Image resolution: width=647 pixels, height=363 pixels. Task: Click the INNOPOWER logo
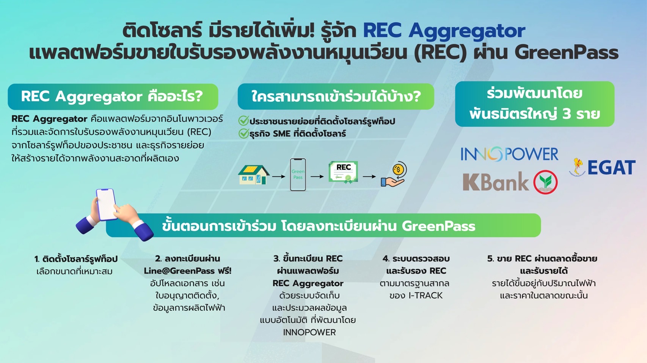509,154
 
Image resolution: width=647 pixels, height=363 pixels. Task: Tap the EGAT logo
602,167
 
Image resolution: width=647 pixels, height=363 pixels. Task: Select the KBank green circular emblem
545,182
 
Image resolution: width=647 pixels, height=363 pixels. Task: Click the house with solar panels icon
253,175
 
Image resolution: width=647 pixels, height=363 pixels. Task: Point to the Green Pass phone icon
298,174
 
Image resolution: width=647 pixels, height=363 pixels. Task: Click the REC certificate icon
343,172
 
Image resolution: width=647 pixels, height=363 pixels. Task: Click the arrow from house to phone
279,176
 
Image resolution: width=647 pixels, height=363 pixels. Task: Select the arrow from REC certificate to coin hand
369,176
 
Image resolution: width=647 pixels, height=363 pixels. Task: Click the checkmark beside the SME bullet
243,133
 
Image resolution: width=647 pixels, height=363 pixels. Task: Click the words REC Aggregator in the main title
444,31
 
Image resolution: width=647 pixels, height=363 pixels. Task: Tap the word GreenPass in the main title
567,53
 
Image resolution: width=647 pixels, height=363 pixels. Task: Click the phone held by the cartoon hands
106,204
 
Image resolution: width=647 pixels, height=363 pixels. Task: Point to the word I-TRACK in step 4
426,296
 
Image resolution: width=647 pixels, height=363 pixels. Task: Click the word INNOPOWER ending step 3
309,332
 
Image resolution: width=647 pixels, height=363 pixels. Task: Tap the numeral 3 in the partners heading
567,114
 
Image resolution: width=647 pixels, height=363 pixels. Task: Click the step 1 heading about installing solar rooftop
76,259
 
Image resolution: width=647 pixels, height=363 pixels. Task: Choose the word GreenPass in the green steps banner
438,226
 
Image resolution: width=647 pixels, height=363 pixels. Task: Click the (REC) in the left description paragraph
199,132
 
